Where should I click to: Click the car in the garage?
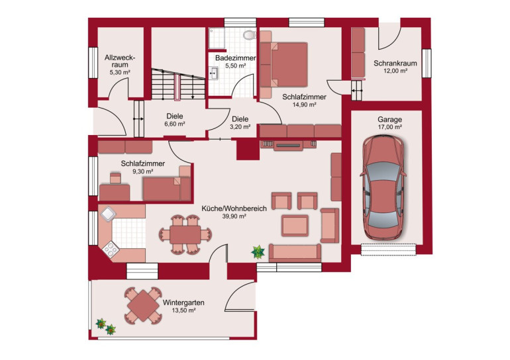383,187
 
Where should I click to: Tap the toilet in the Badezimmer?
250,34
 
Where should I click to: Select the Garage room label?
389,119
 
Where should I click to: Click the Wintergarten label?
183,302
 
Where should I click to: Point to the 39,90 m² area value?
234,216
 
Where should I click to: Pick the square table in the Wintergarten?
143,306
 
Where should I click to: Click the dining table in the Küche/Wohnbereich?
185,234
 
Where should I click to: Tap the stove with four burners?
111,249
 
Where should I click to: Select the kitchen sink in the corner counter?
108,214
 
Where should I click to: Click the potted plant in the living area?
258,252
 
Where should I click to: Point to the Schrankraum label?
395,63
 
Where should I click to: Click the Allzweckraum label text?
120,61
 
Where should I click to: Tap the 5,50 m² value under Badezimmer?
236,66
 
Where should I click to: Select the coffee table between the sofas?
295,225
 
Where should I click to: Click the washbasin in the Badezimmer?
214,73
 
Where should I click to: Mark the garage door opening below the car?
388,249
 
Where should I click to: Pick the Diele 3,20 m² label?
240,123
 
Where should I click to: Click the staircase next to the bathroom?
178,84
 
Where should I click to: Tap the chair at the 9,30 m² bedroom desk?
115,179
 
